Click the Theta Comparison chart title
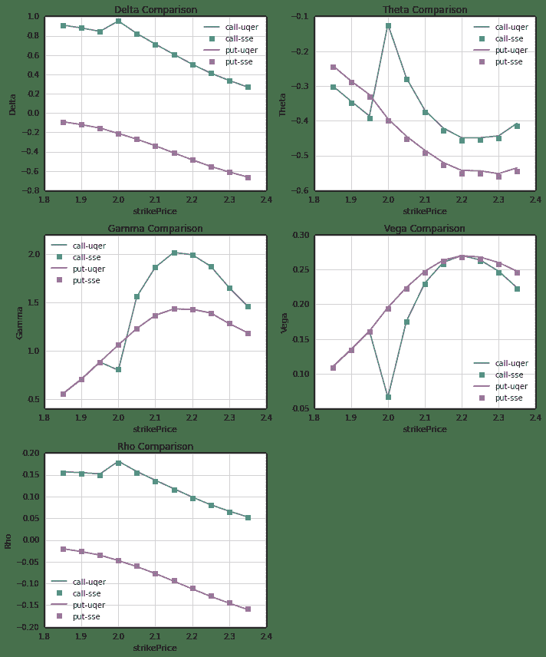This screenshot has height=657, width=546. (424, 10)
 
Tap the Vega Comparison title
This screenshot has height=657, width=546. (424, 229)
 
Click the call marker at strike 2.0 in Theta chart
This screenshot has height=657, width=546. (388, 26)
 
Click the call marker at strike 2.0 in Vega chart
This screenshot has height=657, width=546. (388, 397)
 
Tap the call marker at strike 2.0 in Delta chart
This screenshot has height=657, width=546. (118, 21)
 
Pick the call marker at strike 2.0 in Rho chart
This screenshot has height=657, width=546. (118, 463)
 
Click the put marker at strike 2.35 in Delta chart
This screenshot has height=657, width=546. (248, 177)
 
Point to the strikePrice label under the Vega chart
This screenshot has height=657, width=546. (424, 429)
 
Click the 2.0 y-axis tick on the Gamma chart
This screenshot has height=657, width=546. (33, 254)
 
